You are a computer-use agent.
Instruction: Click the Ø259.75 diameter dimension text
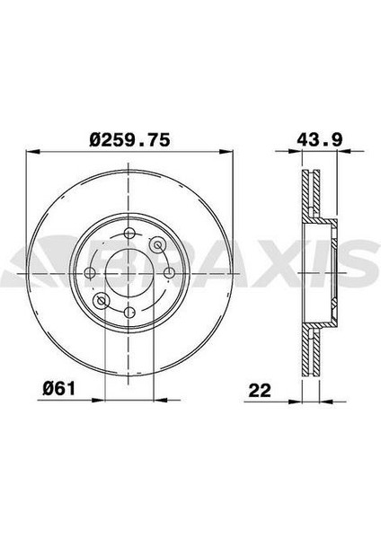(129, 140)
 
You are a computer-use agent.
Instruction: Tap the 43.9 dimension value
(320, 140)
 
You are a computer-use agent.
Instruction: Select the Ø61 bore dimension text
(58, 389)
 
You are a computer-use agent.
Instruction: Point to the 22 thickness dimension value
(260, 391)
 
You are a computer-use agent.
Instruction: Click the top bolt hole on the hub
(129, 234)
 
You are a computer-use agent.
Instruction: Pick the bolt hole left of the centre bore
(90, 273)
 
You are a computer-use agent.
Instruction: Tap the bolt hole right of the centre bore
(168, 273)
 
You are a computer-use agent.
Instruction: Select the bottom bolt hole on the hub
(129, 313)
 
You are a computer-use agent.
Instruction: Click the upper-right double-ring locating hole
(157, 244)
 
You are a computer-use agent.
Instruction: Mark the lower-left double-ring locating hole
(102, 301)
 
